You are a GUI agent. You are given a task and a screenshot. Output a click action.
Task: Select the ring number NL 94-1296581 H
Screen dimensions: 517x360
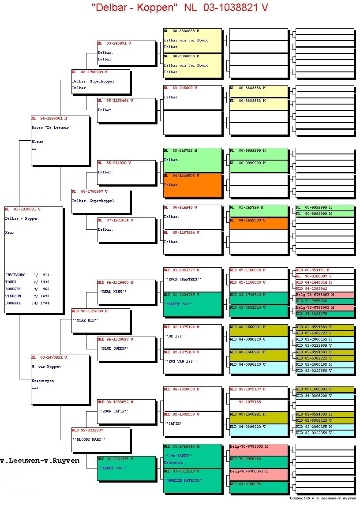49,118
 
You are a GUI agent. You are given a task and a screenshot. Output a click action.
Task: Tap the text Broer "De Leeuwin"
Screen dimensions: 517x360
51,127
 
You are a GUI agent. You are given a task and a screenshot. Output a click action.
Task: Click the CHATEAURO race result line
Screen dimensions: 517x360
27,274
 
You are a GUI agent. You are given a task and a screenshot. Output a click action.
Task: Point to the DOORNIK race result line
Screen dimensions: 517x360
27,303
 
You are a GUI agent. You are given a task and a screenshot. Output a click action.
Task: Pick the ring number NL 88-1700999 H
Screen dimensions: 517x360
90,71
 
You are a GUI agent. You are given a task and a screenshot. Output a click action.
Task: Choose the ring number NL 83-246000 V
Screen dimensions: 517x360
180,88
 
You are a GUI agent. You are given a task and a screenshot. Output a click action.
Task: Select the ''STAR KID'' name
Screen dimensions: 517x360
86,320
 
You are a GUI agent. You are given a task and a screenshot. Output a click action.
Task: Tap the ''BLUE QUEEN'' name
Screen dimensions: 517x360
113,348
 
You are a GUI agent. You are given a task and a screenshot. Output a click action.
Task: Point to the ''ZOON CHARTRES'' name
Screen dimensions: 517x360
183,279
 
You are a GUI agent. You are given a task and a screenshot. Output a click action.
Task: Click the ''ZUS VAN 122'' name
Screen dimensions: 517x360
180,361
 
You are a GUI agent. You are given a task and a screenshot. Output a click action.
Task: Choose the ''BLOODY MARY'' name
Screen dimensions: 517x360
89,439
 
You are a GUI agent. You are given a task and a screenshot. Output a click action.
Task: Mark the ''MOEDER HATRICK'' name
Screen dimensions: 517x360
183,480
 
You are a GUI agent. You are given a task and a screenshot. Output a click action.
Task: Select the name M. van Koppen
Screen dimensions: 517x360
46,367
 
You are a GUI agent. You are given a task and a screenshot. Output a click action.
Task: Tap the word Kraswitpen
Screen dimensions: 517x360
43,381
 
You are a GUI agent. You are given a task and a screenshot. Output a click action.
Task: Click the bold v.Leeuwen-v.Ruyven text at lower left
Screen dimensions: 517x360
40,461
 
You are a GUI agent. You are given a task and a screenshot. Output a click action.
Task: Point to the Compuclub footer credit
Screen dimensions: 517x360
322,498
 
